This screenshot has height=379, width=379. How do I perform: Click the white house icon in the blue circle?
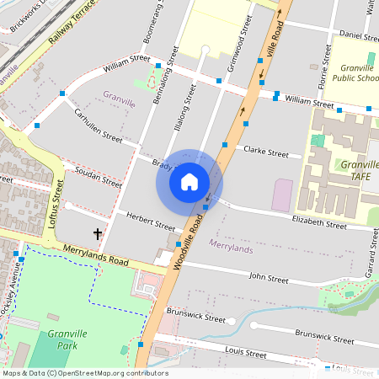click(189, 182)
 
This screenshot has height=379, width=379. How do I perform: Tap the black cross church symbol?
click(98, 233)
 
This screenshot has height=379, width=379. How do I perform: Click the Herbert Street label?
click(150, 222)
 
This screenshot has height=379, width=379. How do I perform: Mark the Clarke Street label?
click(265, 152)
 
